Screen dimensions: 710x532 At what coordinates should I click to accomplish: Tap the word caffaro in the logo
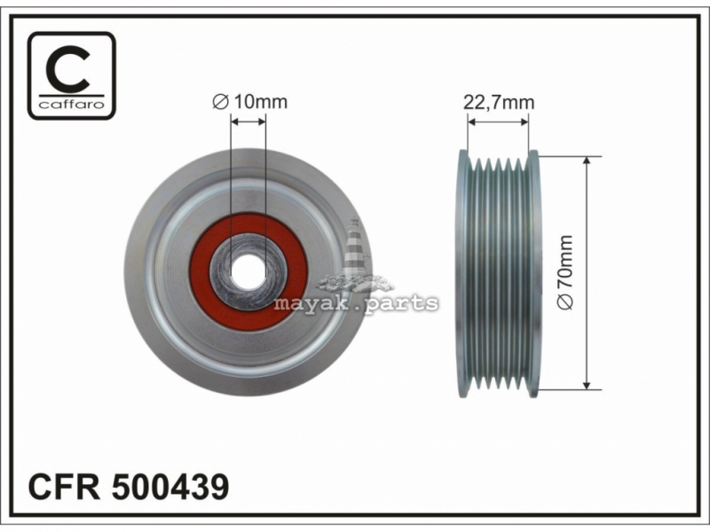pos(72,105)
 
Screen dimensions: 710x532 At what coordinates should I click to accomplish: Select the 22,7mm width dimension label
pos(499,103)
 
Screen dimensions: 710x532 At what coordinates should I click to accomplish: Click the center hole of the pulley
pos(248,271)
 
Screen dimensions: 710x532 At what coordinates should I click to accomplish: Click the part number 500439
pos(170,487)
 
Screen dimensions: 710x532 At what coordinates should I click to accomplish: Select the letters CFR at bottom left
pos(64,487)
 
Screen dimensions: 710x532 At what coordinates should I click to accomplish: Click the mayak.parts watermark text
pos(356,303)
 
